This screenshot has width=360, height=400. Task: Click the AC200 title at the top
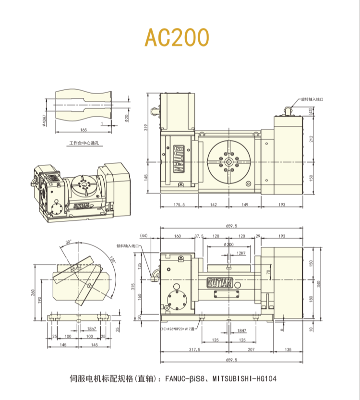(178, 37)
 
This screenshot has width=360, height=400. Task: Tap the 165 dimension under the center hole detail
(84, 130)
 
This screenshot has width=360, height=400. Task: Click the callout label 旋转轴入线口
(312, 99)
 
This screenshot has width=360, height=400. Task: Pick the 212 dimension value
(312, 139)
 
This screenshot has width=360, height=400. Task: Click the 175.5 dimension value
(179, 205)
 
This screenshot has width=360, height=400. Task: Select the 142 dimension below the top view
(214, 205)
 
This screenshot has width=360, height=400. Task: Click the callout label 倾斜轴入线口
(127, 245)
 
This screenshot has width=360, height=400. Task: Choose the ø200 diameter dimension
(228, 245)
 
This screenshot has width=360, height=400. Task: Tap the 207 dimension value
(251, 350)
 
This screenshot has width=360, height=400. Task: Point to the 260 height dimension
(34, 293)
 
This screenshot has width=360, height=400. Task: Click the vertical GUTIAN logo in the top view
(178, 158)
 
